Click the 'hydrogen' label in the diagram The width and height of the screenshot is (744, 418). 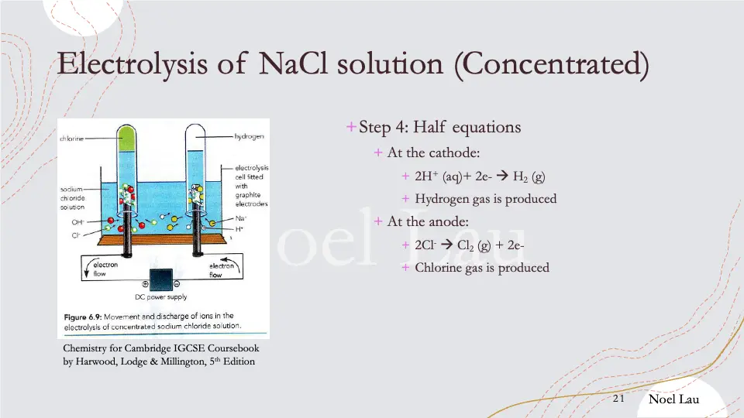(250, 136)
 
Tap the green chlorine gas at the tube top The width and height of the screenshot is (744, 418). (127, 139)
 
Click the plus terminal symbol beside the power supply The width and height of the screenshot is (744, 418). (146, 284)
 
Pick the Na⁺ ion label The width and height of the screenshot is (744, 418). (240, 219)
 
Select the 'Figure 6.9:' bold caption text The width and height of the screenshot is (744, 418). (84, 316)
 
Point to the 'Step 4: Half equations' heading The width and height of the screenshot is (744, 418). (439, 127)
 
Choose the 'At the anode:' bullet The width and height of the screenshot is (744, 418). (423, 222)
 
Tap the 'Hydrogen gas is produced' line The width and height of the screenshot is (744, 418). (485, 199)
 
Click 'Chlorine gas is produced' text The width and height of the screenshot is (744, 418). (481, 268)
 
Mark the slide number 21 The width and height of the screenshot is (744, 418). (618, 399)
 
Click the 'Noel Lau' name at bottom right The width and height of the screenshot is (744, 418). (674, 399)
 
